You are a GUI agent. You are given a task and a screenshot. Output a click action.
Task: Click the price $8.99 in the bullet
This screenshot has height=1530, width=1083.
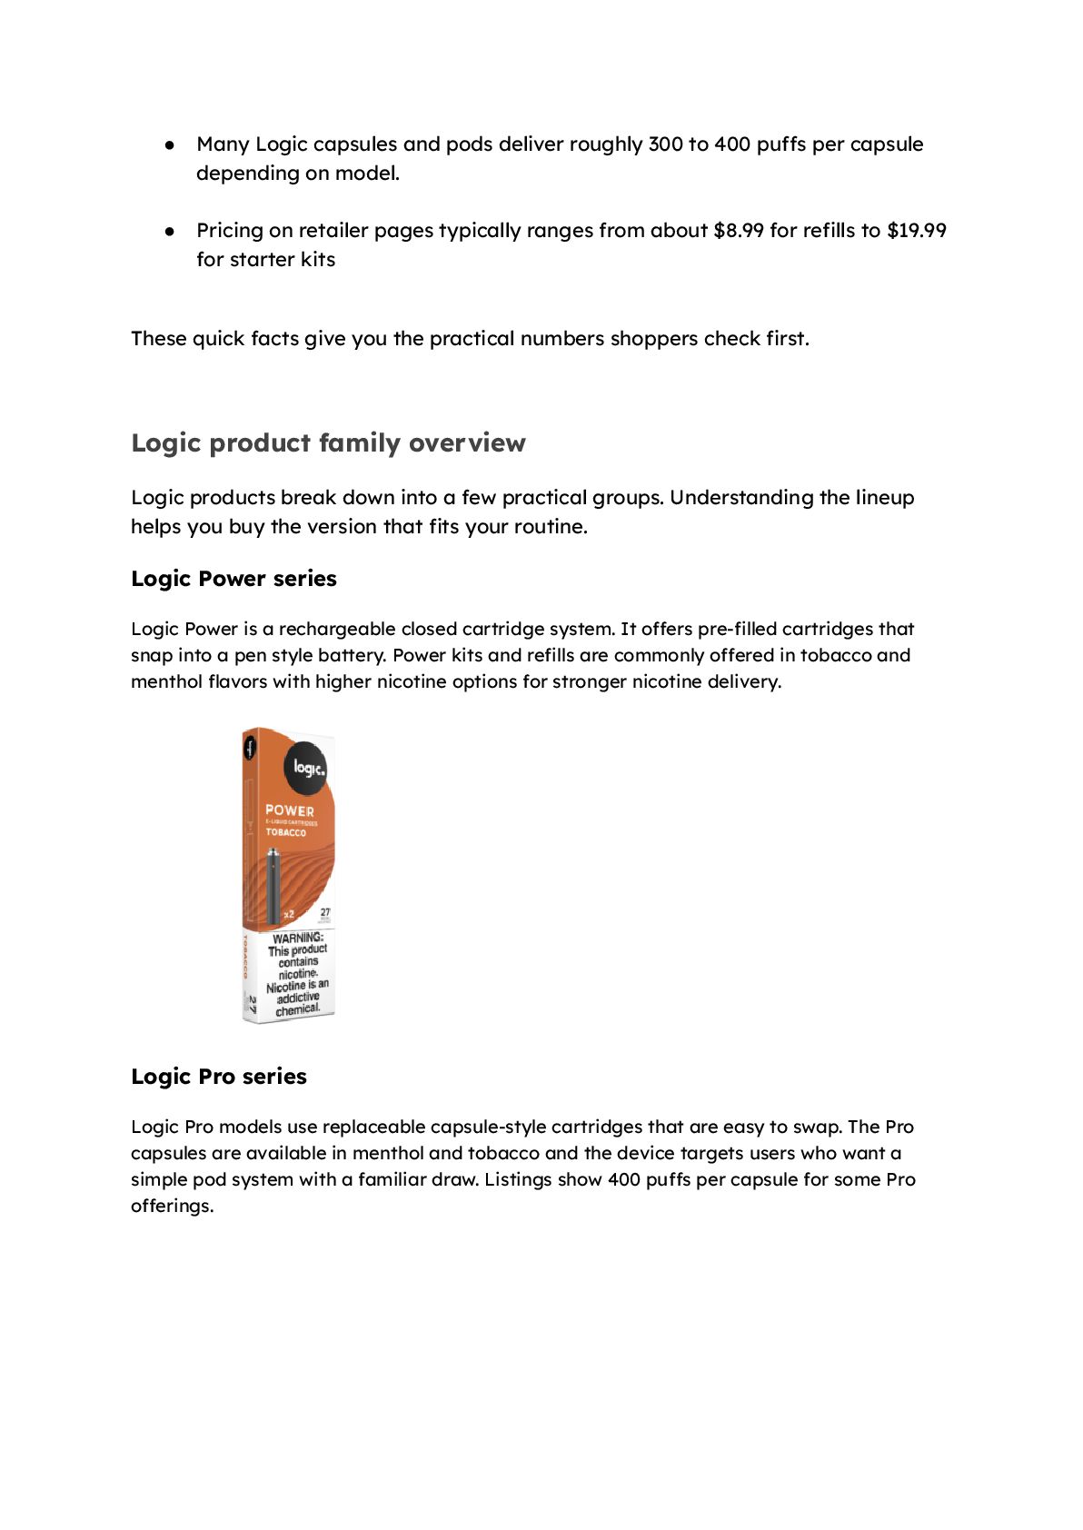coord(738,231)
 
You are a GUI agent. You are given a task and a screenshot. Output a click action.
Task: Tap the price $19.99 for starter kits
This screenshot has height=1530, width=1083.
coord(916,231)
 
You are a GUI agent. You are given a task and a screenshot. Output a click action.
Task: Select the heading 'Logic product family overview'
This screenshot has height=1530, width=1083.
coord(328,443)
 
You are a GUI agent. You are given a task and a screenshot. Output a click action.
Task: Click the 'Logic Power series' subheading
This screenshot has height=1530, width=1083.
coord(233,579)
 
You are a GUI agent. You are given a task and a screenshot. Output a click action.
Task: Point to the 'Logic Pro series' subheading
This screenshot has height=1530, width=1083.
coord(219,1077)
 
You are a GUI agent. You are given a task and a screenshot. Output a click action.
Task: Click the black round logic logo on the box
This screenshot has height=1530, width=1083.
coord(307,769)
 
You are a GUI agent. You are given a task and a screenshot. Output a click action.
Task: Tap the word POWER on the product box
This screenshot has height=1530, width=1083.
coord(290,810)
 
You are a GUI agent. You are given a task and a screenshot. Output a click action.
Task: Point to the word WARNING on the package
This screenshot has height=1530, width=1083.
coord(297,938)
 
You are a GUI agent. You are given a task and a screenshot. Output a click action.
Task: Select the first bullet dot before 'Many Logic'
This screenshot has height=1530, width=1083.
coord(170,144)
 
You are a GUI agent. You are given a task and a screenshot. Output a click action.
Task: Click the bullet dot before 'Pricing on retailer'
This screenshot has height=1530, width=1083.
coord(170,231)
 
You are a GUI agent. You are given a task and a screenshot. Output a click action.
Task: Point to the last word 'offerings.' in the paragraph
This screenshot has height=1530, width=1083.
coord(172,1207)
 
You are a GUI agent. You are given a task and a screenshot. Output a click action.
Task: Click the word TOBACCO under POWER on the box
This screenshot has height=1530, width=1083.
coord(286,832)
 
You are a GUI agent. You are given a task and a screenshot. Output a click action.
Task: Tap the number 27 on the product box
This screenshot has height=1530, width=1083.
coord(325,911)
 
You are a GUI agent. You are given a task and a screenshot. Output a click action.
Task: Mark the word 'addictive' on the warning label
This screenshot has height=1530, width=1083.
coord(298,998)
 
